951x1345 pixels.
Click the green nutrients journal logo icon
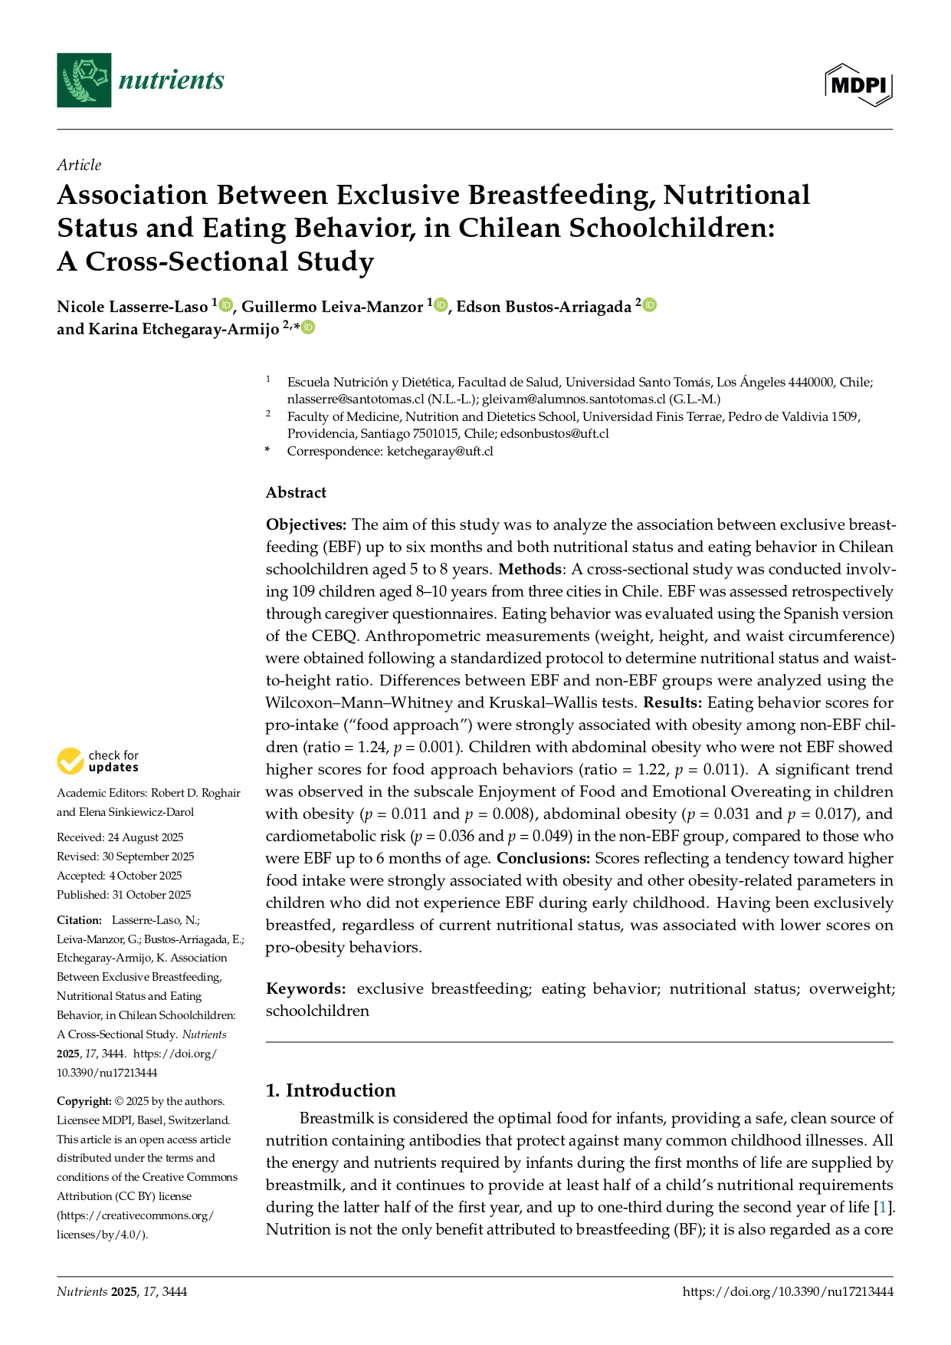coord(84,80)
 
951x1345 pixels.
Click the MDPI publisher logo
coord(858,84)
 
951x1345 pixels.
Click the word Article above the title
coord(79,165)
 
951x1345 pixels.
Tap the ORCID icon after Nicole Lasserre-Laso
coord(225,306)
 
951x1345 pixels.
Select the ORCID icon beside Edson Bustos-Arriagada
coord(650,305)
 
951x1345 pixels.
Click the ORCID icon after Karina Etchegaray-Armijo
coord(308,327)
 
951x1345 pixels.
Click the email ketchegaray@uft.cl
coord(440,451)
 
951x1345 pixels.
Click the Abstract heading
coord(296,492)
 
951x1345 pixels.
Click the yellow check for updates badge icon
coord(71,761)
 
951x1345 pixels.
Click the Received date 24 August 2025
coord(146,837)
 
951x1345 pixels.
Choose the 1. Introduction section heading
coord(330,1090)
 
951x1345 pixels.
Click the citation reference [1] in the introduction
coord(884,1207)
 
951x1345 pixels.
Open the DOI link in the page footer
coord(788,1291)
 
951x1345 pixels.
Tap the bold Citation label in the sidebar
coord(79,920)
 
